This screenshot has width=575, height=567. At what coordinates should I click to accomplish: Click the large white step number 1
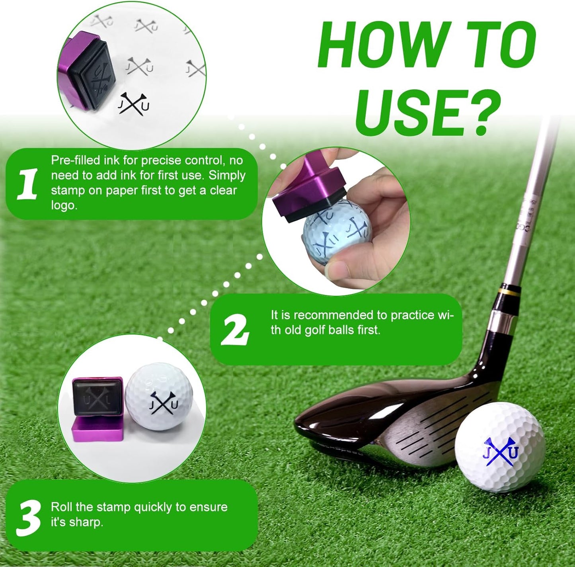tap(27, 184)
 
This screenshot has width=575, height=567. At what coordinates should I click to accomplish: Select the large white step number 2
tap(235, 330)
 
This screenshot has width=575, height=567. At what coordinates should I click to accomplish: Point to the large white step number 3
tap(28, 518)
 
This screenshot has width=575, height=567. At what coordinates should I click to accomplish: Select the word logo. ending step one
tap(64, 205)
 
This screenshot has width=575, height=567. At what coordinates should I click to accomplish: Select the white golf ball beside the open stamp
tap(159, 396)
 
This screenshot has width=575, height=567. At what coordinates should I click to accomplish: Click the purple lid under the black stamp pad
tap(97, 430)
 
